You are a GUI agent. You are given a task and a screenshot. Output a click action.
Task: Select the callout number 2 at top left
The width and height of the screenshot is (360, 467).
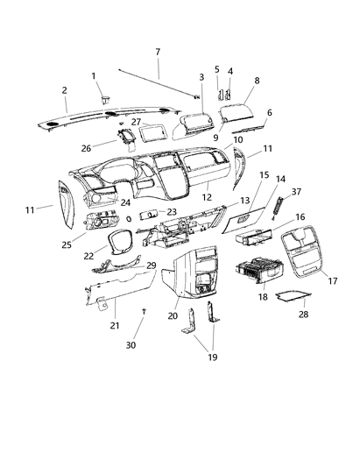click(64, 90)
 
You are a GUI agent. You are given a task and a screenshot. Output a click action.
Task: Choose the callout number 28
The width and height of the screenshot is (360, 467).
click(304, 312)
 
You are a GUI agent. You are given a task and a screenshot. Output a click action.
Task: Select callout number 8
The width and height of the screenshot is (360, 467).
click(257, 81)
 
